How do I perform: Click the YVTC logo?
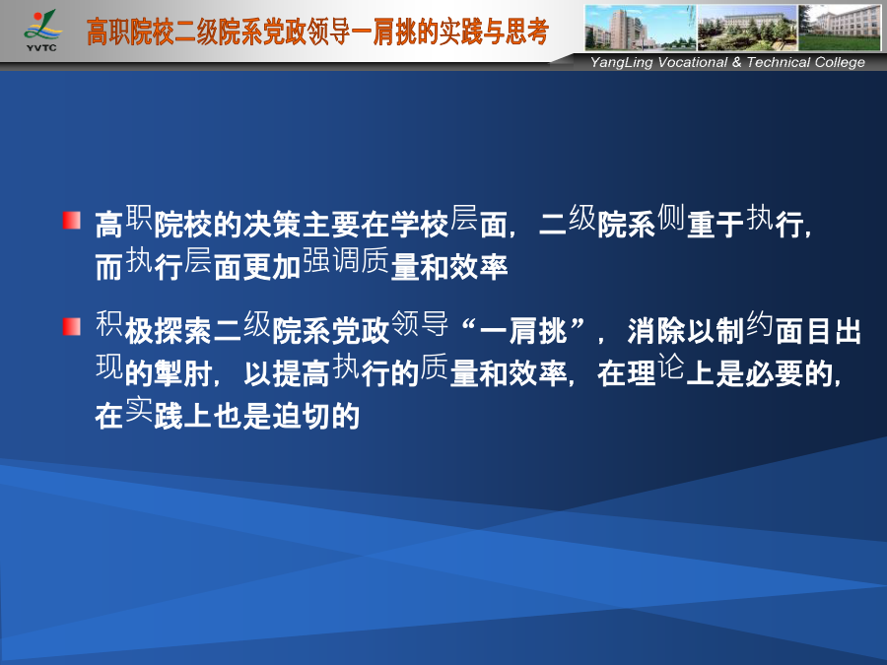(x=41, y=32)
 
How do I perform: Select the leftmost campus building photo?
(x=641, y=28)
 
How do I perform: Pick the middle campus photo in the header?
(x=747, y=28)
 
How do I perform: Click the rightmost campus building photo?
(x=840, y=28)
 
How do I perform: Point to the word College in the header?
(x=840, y=63)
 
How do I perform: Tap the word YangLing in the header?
(x=622, y=63)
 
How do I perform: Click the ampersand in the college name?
(x=736, y=62)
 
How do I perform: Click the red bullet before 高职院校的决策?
(x=72, y=221)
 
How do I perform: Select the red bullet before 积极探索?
(x=72, y=327)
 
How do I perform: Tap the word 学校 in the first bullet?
(x=420, y=224)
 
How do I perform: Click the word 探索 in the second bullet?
(x=183, y=331)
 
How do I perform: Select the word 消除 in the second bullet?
(x=656, y=331)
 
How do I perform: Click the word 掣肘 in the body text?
(x=183, y=373)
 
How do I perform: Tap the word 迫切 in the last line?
(x=302, y=416)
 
